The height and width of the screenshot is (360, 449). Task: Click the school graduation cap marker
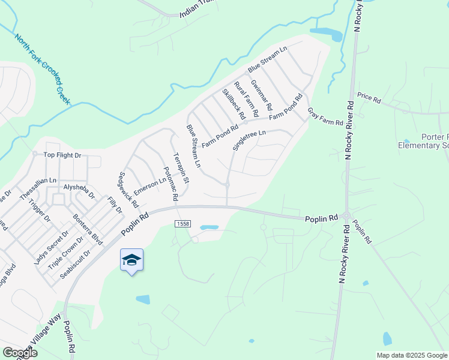pos(131,260)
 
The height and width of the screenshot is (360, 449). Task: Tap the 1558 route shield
pos(184,224)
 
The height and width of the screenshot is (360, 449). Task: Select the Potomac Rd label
pos(170,184)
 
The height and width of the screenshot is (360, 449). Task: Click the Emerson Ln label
pos(149,184)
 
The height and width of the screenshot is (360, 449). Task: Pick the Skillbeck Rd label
pos(234,103)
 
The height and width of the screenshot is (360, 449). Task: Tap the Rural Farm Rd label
pos(246,99)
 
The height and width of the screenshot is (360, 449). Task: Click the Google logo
pos(19,353)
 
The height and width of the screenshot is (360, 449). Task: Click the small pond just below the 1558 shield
pos(209,228)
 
